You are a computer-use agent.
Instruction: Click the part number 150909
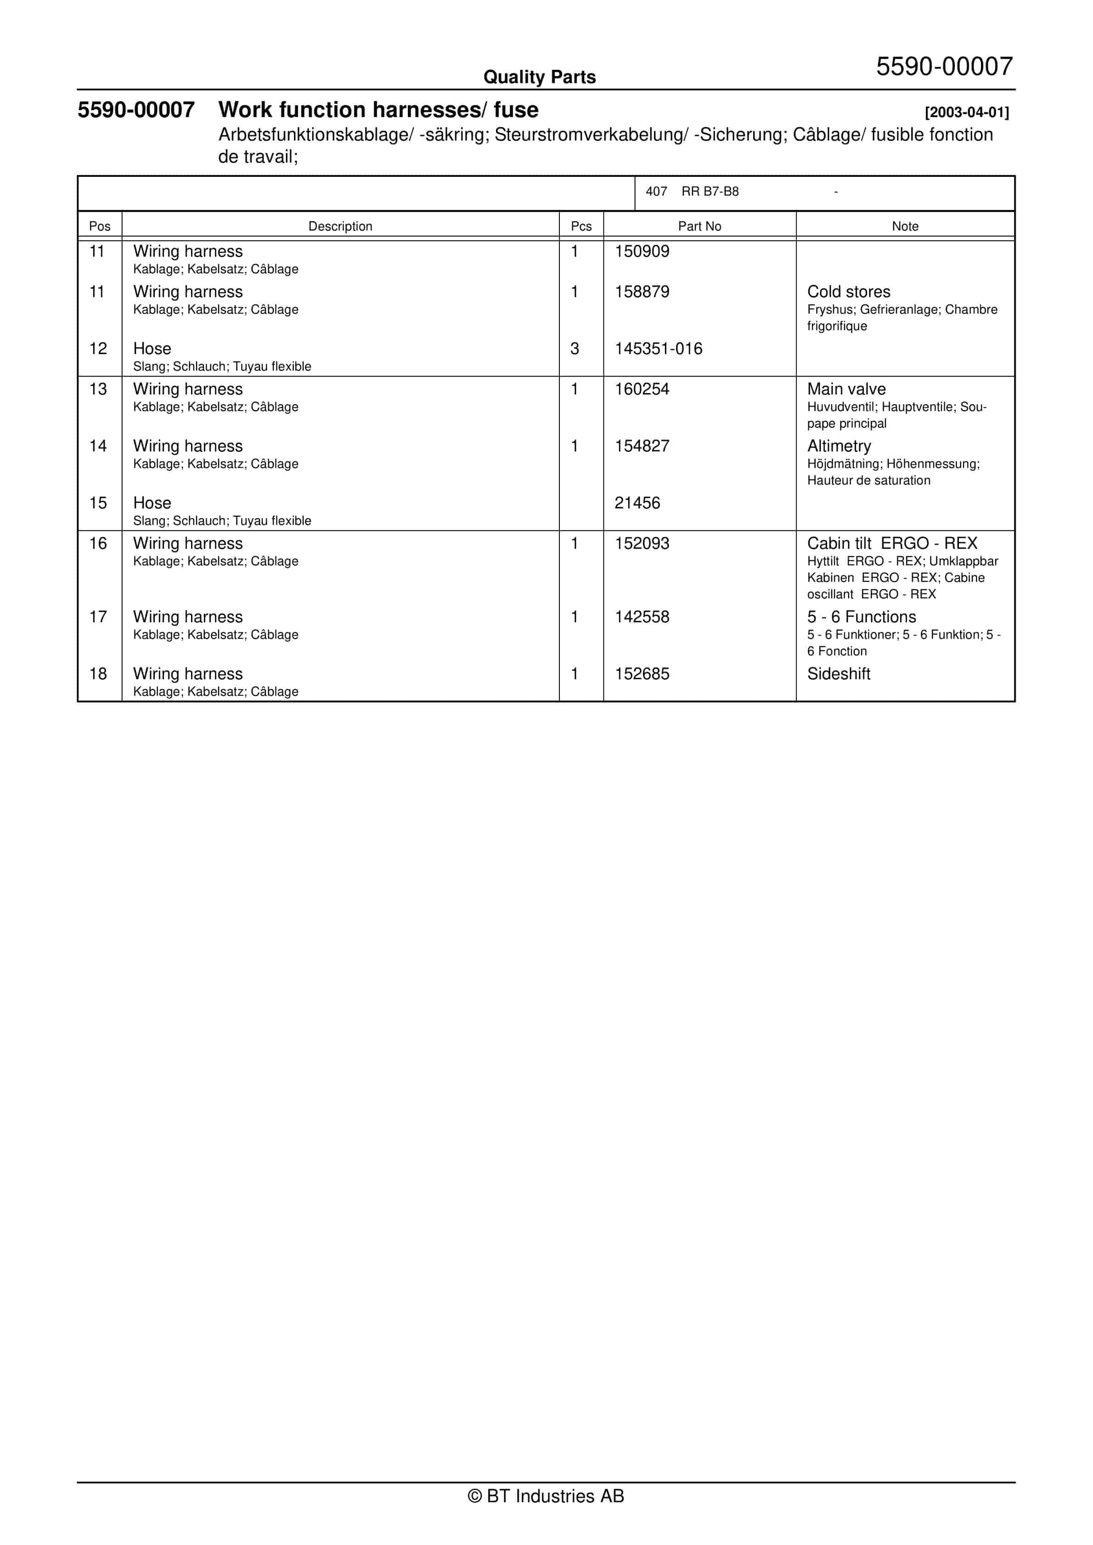(x=642, y=252)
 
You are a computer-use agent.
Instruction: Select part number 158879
(x=642, y=292)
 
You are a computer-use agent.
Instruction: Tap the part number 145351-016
(x=658, y=349)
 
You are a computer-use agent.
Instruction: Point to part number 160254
(x=642, y=389)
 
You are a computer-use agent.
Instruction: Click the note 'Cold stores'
(x=848, y=292)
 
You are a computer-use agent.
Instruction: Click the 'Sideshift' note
(x=838, y=674)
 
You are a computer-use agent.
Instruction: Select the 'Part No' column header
(x=699, y=227)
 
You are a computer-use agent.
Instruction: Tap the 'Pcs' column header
(x=581, y=227)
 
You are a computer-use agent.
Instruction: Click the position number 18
(x=98, y=674)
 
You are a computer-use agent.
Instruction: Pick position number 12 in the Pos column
(x=98, y=349)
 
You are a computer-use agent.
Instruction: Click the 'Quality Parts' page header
(x=539, y=77)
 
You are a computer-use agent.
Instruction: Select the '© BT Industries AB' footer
(x=546, y=1496)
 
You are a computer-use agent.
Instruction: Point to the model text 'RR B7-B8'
(x=710, y=192)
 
